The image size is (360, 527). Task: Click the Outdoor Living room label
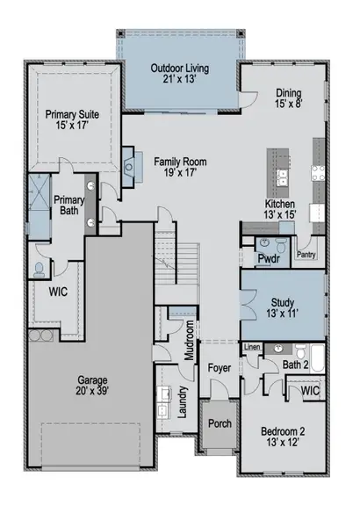[180, 73]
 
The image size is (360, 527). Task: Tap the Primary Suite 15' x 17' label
[72, 119]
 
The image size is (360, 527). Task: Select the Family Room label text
[181, 162]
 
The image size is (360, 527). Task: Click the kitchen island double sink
[283, 177]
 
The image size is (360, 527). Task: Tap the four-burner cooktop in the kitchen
[318, 173]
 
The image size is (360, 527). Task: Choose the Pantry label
[306, 255]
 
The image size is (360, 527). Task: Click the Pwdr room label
[269, 259]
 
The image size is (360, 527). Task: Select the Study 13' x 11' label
[283, 308]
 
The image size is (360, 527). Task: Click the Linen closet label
[252, 347]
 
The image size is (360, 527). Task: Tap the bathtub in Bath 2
[317, 358]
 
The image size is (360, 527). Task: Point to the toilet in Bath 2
[301, 351]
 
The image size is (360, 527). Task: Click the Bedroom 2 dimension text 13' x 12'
[283, 443]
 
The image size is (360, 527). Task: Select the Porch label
[220, 423]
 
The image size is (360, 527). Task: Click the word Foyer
[220, 368]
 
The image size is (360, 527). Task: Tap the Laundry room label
[182, 402]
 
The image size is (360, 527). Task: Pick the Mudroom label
[190, 340]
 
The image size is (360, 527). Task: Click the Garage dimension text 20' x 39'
[92, 391]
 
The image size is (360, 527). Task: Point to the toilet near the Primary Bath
[39, 270]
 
